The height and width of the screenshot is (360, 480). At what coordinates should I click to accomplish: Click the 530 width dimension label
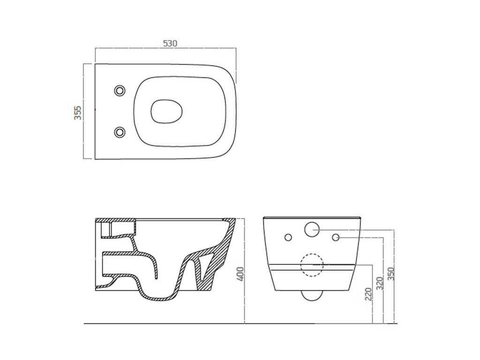click(170, 44)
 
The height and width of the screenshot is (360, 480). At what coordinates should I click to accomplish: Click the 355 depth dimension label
click(78, 112)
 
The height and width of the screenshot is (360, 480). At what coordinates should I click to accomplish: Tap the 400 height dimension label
click(240, 274)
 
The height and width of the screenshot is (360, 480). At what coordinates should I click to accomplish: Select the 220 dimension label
click(368, 294)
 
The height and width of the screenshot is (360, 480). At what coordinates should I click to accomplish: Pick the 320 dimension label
click(380, 284)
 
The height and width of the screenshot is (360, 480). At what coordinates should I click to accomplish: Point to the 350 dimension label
click(390, 274)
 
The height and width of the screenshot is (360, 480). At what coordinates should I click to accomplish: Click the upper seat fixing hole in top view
click(120, 90)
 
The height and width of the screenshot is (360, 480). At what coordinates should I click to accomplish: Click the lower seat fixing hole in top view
click(120, 132)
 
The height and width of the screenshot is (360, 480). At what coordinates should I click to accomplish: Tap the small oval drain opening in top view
click(167, 111)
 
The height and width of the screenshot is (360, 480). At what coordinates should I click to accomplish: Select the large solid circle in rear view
click(312, 229)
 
